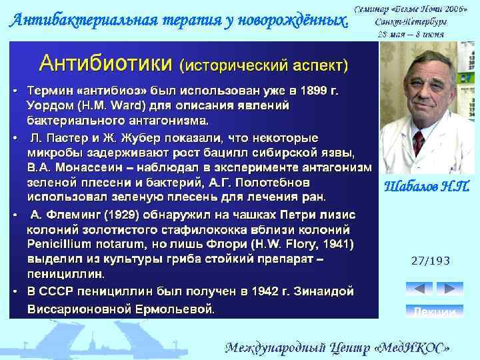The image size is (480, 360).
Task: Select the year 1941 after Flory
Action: (336, 244)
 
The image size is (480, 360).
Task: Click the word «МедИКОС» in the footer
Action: (414, 347)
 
